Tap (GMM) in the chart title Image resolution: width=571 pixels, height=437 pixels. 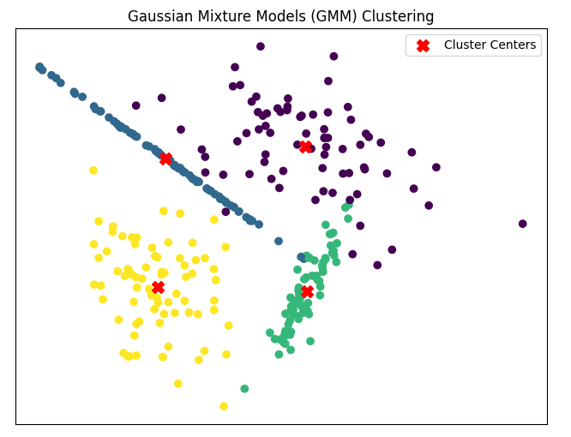[334, 16]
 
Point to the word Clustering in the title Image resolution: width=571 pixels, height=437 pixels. [398, 17]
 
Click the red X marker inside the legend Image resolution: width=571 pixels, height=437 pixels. [424, 45]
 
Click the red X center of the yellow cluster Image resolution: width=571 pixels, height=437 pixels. [158, 287]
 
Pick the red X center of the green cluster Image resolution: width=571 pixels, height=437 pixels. [307, 291]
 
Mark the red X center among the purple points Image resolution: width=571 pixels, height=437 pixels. [305, 147]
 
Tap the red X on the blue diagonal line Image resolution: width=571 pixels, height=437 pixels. [165, 159]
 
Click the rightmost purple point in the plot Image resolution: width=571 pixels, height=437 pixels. [523, 224]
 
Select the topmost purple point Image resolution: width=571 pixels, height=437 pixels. [261, 46]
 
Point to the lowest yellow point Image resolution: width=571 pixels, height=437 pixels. [224, 406]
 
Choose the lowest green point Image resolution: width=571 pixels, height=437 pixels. [244, 389]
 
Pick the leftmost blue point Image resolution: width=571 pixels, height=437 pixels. [39, 67]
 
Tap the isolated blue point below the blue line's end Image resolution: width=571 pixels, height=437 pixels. [279, 241]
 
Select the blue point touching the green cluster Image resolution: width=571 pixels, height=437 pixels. [301, 257]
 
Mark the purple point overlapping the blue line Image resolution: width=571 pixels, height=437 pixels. [225, 212]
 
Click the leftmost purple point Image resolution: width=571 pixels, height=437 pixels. [135, 105]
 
